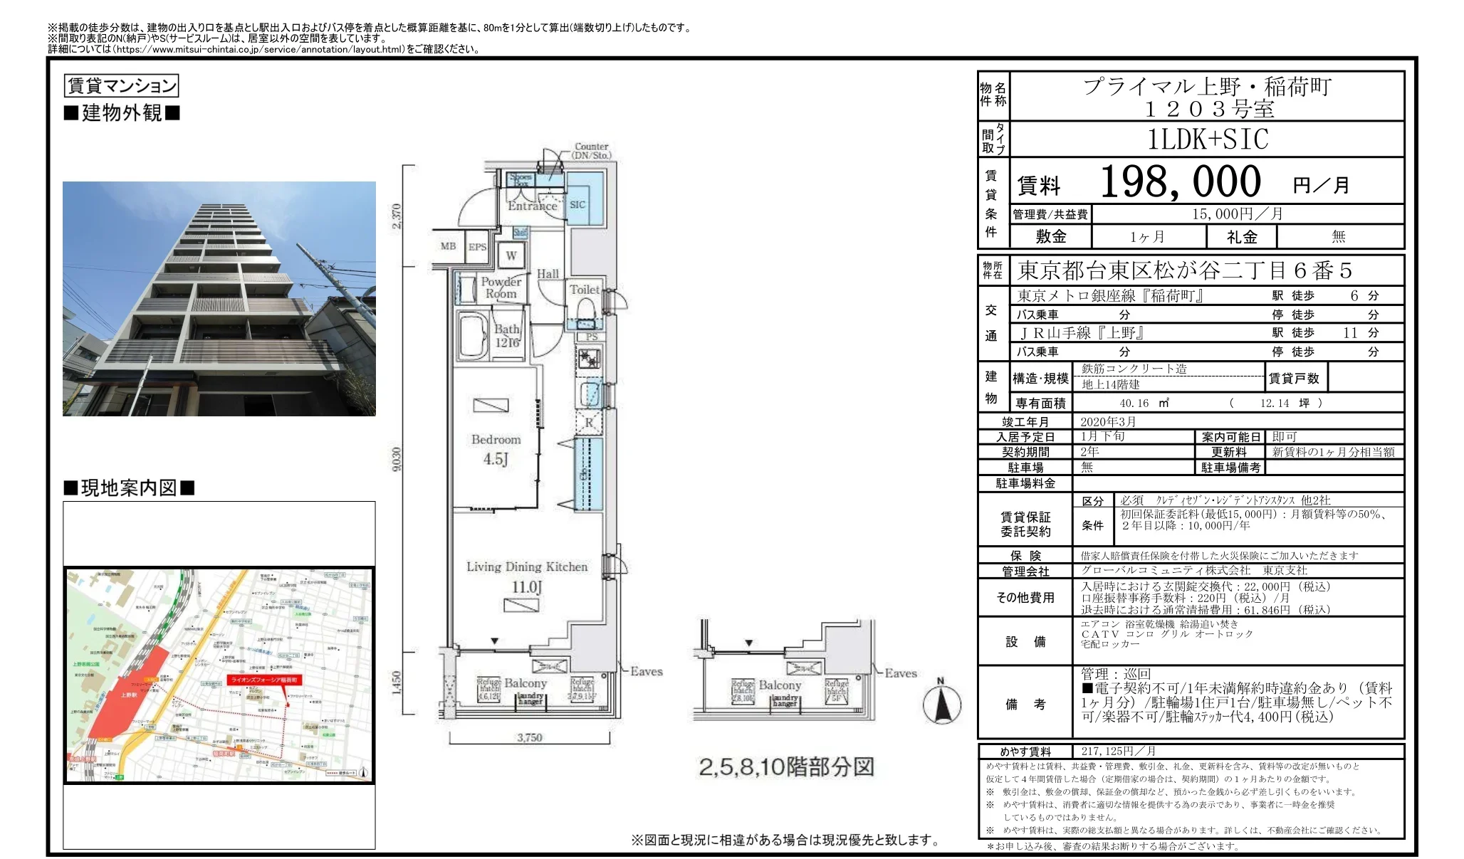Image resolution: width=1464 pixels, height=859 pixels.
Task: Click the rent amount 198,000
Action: point(1180,181)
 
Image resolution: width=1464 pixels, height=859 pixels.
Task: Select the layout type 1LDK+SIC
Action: point(1208,139)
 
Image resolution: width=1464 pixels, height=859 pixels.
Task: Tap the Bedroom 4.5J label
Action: point(496,449)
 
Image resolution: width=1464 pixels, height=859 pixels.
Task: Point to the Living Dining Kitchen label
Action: point(527,567)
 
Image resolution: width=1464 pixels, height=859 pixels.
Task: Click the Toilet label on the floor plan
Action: point(584,290)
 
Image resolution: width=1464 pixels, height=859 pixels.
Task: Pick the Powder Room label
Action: point(501,288)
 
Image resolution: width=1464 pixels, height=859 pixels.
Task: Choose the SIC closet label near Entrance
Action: point(577,205)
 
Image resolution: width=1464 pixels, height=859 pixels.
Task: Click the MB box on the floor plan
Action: point(448,246)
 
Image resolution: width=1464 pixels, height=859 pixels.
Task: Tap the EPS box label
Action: point(477,247)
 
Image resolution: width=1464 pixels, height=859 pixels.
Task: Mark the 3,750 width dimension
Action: point(530,738)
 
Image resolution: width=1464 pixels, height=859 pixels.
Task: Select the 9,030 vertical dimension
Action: point(397,459)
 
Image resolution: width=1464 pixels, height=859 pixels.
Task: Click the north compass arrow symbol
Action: point(941,704)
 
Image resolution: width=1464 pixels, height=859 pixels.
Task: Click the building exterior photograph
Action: point(219,299)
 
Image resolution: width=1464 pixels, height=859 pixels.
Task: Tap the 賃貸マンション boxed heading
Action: point(121,86)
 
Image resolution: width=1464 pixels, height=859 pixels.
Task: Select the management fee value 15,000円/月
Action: point(1238,214)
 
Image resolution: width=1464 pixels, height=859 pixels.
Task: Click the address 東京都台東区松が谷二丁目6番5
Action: point(1185,271)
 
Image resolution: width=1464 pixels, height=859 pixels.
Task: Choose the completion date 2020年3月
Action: point(1108,422)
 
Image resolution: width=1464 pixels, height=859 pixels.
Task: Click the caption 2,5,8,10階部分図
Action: point(786,767)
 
